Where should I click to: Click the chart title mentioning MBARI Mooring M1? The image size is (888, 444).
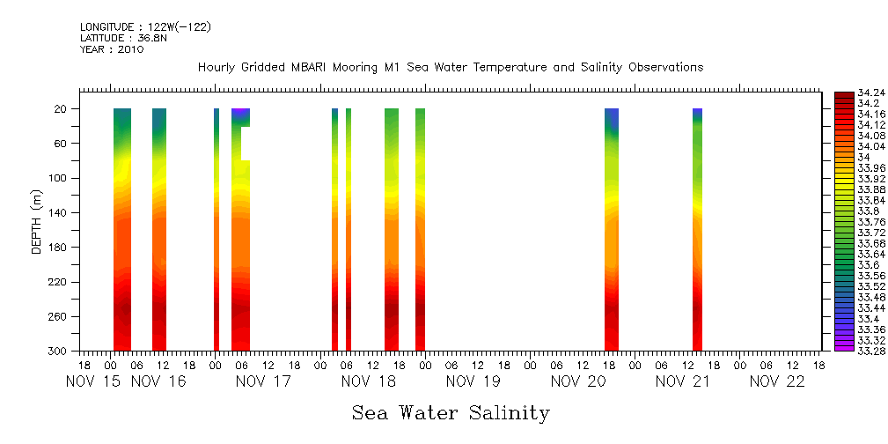[450, 68]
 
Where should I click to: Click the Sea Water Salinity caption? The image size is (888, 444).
[451, 412]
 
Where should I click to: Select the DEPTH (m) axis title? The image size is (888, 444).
[37, 221]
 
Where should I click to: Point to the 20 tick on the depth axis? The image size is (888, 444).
[62, 109]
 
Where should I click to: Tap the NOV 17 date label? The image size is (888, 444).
[261, 382]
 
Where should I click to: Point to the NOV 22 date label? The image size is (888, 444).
[777, 382]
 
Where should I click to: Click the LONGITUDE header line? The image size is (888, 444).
[145, 27]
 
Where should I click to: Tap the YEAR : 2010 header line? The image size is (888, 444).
[112, 49]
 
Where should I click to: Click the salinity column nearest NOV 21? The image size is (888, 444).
[697, 229]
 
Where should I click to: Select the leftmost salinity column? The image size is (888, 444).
[122, 229]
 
